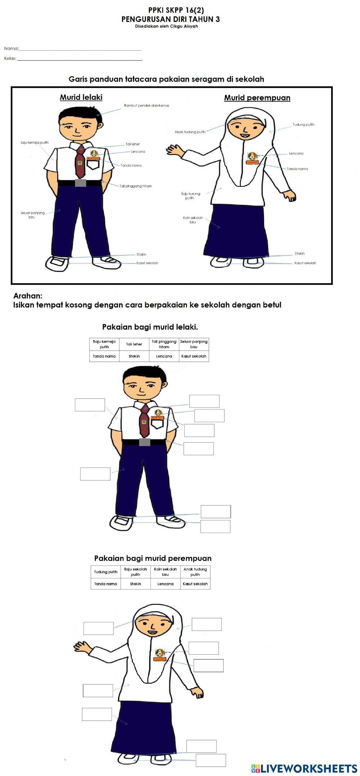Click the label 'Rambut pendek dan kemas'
[147, 105]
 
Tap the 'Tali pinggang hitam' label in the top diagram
[136, 186]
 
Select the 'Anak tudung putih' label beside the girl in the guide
[190, 132]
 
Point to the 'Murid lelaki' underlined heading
[81, 97]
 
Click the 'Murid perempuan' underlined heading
[257, 98]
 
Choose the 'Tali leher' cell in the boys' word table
[134, 344]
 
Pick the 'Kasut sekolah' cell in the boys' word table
[194, 356]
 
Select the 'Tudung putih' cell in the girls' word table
[106, 572]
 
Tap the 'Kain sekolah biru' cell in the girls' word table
[165, 572]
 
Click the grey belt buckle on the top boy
[80, 183]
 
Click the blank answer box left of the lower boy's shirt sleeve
[90, 405]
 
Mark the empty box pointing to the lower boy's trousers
[95, 474]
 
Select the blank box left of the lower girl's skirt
[97, 714]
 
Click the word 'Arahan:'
[28, 296]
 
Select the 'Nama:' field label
[11, 49]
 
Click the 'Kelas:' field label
[10, 59]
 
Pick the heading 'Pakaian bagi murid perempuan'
[153, 558]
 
